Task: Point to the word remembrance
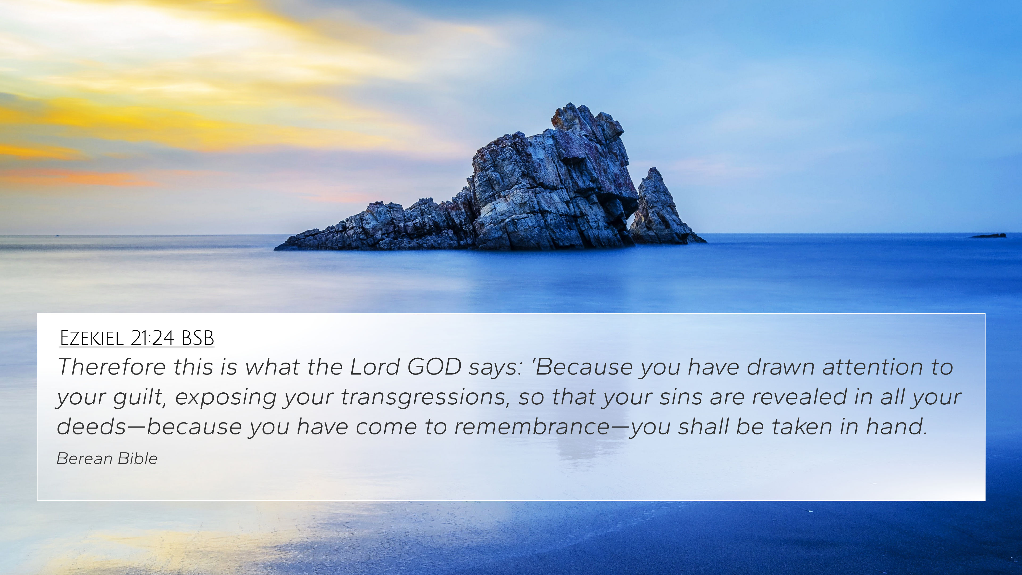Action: [532, 426]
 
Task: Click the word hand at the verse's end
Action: [897, 426]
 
